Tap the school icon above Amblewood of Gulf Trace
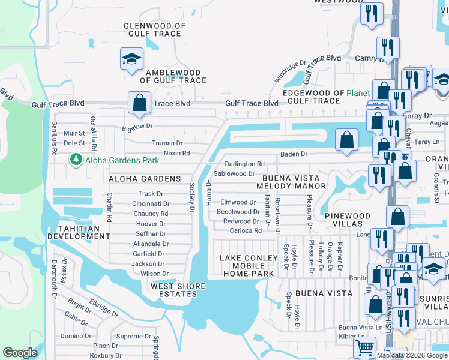pyautogui.click(x=130, y=59)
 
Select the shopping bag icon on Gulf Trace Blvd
pyautogui.click(x=139, y=103)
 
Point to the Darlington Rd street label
pyautogui.click(x=244, y=164)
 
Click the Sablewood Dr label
pyautogui.click(x=235, y=173)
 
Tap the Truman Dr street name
pyautogui.click(x=167, y=143)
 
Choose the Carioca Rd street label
pyautogui.click(x=241, y=230)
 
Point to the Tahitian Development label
pyautogui.click(x=83, y=232)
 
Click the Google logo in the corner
pyautogui.click(x=20, y=353)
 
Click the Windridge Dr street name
pyautogui.click(x=291, y=71)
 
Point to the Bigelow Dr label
pyautogui.click(x=138, y=127)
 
